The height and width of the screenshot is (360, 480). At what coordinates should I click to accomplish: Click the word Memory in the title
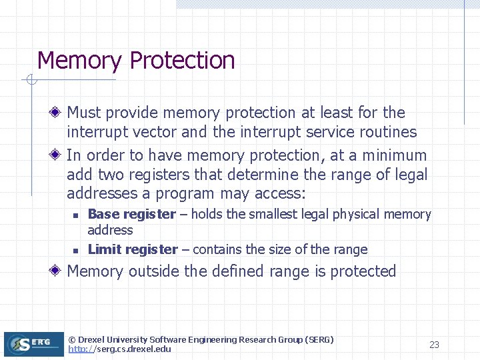[x=79, y=61]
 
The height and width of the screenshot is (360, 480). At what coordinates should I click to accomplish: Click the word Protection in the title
[x=182, y=61]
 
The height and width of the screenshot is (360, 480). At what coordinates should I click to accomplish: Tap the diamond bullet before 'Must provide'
[x=58, y=113]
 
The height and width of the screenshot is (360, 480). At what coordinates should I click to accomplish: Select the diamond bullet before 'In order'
[x=58, y=155]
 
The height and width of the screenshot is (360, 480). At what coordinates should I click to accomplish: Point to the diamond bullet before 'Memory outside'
[x=58, y=271]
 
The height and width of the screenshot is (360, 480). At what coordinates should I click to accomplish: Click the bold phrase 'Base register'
[x=131, y=215]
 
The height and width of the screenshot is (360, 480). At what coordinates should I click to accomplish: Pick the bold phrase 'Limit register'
[x=133, y=250]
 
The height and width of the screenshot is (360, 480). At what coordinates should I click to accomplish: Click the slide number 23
[x=434, y=345]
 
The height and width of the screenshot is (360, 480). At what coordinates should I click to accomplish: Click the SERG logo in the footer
[x=33, y=344]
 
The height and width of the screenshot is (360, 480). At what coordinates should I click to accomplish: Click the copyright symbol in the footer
[x=72, y=340]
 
